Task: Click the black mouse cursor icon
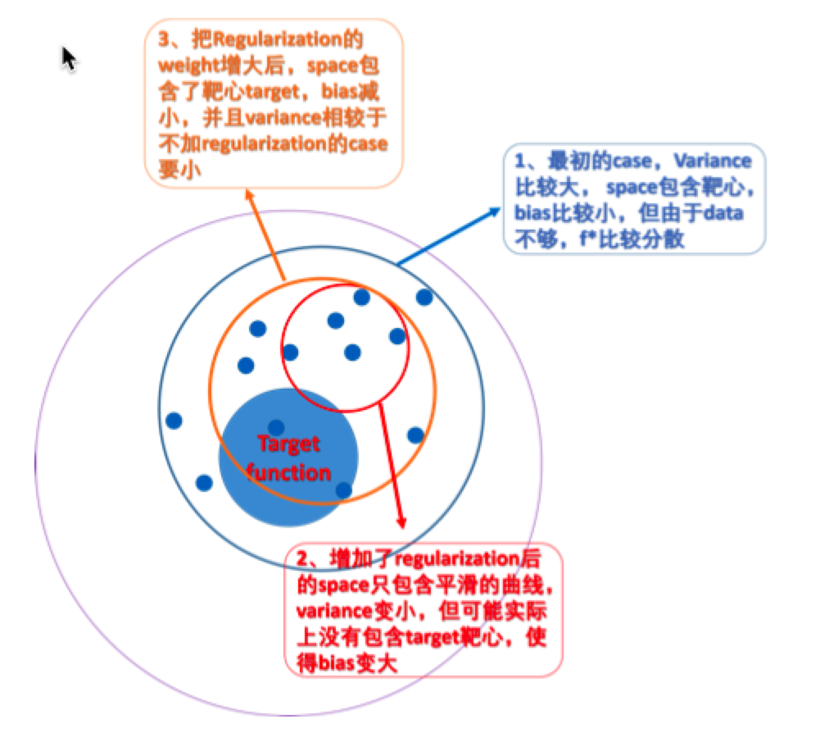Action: [69, 58]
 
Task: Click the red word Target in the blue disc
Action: [288, 444]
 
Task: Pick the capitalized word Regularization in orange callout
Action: [251, 39]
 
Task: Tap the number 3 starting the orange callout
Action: [162, 39]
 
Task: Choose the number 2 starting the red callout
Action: [301, 561]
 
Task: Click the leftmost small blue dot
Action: [174, 421]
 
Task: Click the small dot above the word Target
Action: [276, 427]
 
